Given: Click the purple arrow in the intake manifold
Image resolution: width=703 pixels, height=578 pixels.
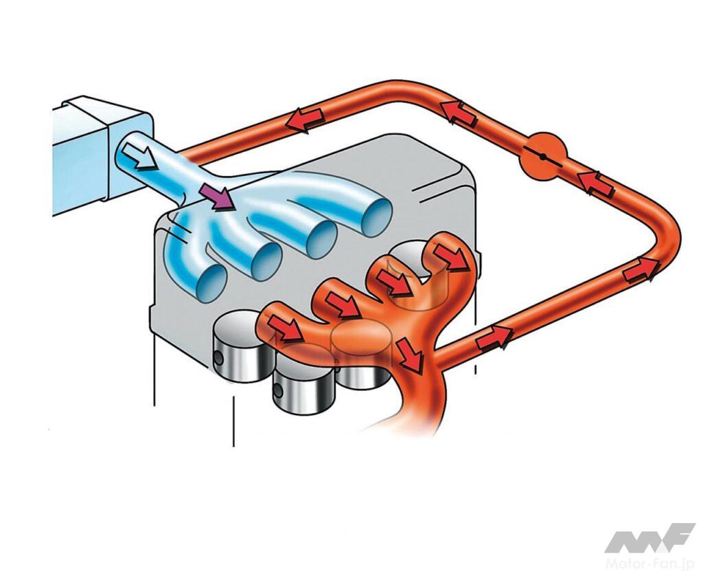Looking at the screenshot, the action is click(x=218, y=196).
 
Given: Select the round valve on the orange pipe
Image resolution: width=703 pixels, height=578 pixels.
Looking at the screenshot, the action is click(x=543, y=157).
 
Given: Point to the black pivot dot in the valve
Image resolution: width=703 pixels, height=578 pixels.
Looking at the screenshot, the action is click(x=543, y=157).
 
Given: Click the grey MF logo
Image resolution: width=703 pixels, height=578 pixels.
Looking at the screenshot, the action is click(x=649, y=539).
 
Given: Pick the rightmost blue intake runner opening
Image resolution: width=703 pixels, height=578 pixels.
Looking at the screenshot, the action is click(x=377, y=217).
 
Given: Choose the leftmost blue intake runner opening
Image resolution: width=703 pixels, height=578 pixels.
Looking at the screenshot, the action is click(x=210, y=282).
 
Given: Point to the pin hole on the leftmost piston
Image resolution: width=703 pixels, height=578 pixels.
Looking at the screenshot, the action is click(x=218, y=357).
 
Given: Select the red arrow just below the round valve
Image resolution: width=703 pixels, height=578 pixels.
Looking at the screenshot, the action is click(x=595, y=185).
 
